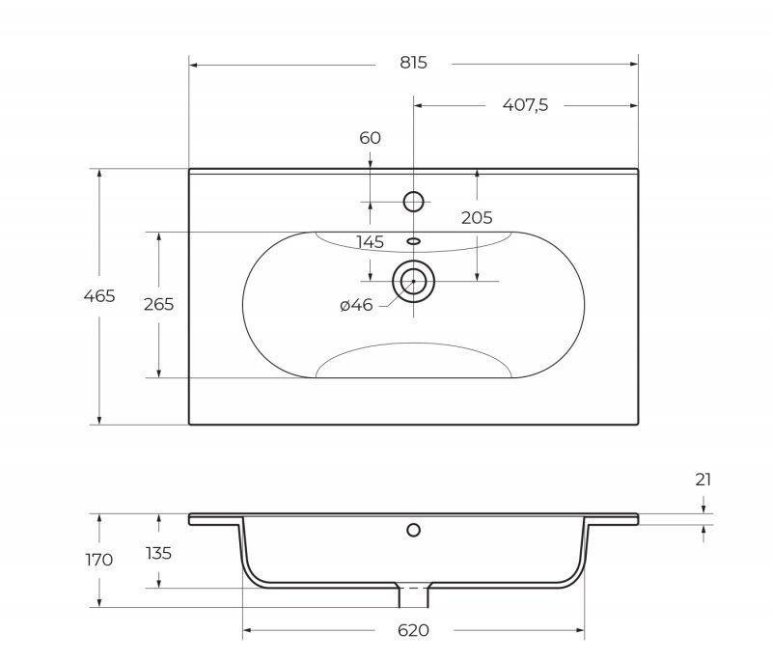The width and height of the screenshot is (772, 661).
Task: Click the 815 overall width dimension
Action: pyautogui.click(x=413, y=63)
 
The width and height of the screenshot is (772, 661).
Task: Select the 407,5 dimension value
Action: pyautogui.click(x=525, y=105)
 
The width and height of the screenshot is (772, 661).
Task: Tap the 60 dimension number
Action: pyautogui.click(x=370, y=138)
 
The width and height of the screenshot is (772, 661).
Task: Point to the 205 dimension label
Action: pyautogui.click(x=477, y=217)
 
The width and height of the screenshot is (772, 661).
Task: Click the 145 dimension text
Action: pyautogui.click(x=370, y=241)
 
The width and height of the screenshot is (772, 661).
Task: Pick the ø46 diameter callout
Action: pyautogui.click(x=356, y=305)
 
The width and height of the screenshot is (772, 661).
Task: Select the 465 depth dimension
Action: pyautogui.click(x=99, y=296)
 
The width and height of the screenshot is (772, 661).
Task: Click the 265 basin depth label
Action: pyautogui.click(x=158, y=304)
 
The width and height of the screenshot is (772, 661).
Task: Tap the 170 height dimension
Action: pyautogui.click(x=99, y=560)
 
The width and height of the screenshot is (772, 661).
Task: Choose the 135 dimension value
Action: pyautogui.click(x=158, y=553)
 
